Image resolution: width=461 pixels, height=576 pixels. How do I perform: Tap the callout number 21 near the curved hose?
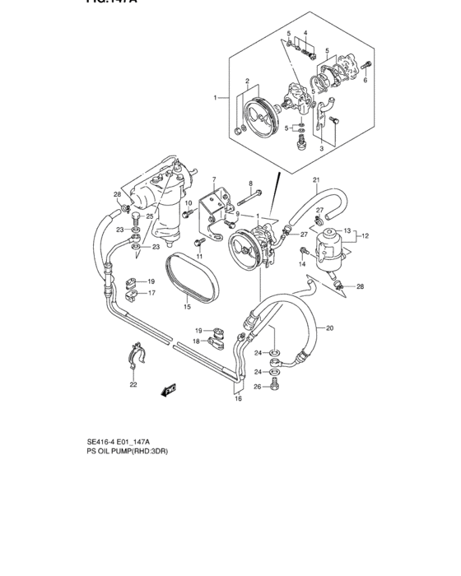315,179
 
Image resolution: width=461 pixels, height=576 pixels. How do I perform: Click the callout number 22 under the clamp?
133,384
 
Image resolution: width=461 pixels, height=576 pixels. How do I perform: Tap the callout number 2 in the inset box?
246,81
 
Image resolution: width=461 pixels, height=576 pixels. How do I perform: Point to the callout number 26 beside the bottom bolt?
258,387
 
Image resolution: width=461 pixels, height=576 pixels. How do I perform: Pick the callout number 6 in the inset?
366,81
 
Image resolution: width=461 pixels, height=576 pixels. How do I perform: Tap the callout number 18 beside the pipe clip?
196,341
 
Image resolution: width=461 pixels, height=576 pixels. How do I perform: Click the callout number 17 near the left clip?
151,292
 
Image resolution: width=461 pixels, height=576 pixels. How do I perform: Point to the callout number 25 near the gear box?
150,216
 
